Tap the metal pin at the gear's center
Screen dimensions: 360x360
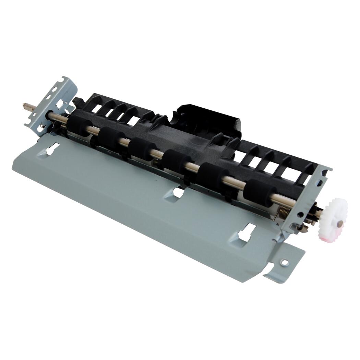(x=339, y=223)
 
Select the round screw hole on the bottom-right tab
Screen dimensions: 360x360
(x=284, y=262)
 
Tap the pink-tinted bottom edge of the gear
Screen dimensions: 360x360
(x=326, y=236)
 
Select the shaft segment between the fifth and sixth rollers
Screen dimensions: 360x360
(x=237, y=184)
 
